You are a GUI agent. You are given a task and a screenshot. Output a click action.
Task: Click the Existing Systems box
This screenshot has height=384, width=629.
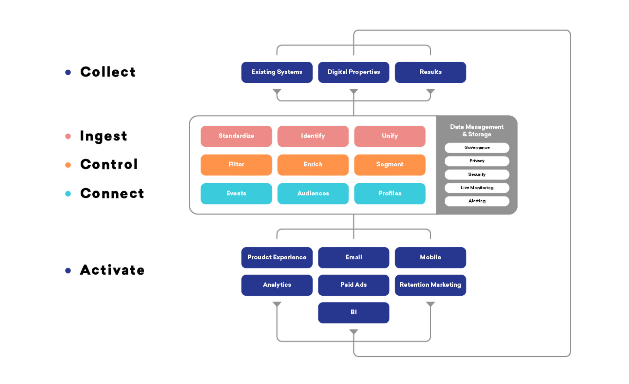click(x=277, y=72)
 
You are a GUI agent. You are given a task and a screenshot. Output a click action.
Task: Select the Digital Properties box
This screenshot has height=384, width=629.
click(x=353, y=72)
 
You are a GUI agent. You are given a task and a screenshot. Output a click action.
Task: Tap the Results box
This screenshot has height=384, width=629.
click(x=430, y=72)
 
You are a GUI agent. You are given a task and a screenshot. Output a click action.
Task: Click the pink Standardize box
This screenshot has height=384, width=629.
click(x=236, y=136)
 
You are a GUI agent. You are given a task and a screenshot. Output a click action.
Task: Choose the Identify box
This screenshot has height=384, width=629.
click(x=313, y=136)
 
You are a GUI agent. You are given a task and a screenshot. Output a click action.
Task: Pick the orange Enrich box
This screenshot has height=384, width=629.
click(x=313, y=165)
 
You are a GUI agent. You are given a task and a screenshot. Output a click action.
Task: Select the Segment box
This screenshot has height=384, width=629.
click(x=390, y=165)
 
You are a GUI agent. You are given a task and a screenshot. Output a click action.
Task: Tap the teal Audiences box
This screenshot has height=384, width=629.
click(x=313, y=193)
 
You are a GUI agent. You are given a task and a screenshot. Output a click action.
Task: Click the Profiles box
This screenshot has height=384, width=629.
click(x=390, y=193)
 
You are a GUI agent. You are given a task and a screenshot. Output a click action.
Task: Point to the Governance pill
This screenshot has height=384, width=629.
click(x=477, y=148)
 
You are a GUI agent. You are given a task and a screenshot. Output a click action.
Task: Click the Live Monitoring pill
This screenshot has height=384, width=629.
click(x=477, y=188)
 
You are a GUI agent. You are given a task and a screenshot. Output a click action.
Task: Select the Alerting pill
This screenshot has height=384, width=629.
click(x=477, y=201)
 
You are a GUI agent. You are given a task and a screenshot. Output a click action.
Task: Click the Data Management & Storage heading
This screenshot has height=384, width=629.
click(x=477, y=130)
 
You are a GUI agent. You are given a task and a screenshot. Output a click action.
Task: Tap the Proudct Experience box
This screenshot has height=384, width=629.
click(x=277, y=257)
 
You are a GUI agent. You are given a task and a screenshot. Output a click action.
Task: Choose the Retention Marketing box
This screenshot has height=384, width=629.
click(x=430, y=285)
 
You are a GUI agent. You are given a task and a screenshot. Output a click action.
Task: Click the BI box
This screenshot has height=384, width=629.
click(x=353, y=312)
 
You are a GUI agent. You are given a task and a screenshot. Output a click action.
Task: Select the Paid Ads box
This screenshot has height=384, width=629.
click(x=353, y=285)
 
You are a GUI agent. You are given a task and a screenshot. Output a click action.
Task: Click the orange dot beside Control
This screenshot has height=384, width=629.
click(x=68, y=165)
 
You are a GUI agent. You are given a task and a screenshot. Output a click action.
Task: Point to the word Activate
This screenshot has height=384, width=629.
click(x=112, y=270)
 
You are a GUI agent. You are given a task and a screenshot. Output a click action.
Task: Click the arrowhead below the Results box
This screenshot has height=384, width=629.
click(x=430, y=91)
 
